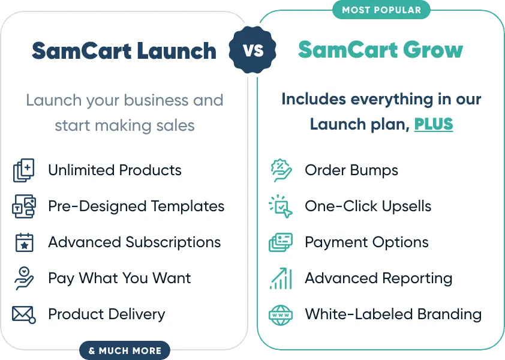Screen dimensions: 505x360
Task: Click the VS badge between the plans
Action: coord(252,50)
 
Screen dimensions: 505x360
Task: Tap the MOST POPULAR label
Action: coord(381,10)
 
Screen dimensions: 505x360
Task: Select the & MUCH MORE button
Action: coord(125,350)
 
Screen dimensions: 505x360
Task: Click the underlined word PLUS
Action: coord(434,124)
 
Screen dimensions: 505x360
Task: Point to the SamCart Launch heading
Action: coord(124,50)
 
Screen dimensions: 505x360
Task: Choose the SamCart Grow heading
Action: coord(380,50)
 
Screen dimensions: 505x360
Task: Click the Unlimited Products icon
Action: coord(23,170)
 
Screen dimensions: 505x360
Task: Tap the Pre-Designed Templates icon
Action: coord(24,206)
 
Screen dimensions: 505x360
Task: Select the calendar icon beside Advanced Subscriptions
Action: coord(25,242)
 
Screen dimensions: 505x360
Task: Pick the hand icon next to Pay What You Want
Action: coord(24,278)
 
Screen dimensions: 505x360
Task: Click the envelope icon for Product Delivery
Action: coord(24,314)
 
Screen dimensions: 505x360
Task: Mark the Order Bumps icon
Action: coord(281,170)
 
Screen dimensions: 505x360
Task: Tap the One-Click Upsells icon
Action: coord(281,206)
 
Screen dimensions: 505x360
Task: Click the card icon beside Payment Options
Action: coord(281,242)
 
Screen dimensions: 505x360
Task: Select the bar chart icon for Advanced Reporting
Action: coord(281,278)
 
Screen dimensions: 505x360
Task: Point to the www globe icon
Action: coord(281,315)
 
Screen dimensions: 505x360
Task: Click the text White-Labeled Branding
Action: coord(393,314)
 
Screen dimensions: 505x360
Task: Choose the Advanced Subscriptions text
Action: coord(134,242)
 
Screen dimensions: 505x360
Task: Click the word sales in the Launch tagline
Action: coord(175,125)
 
